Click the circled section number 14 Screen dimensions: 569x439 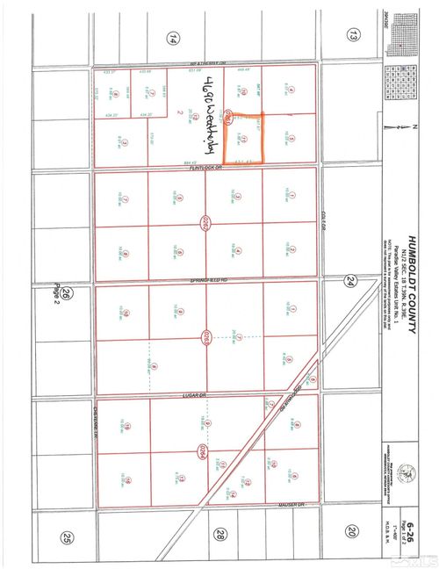[173, 38]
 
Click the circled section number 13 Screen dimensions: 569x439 [354, 36]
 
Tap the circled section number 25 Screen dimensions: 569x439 [68, 537]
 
